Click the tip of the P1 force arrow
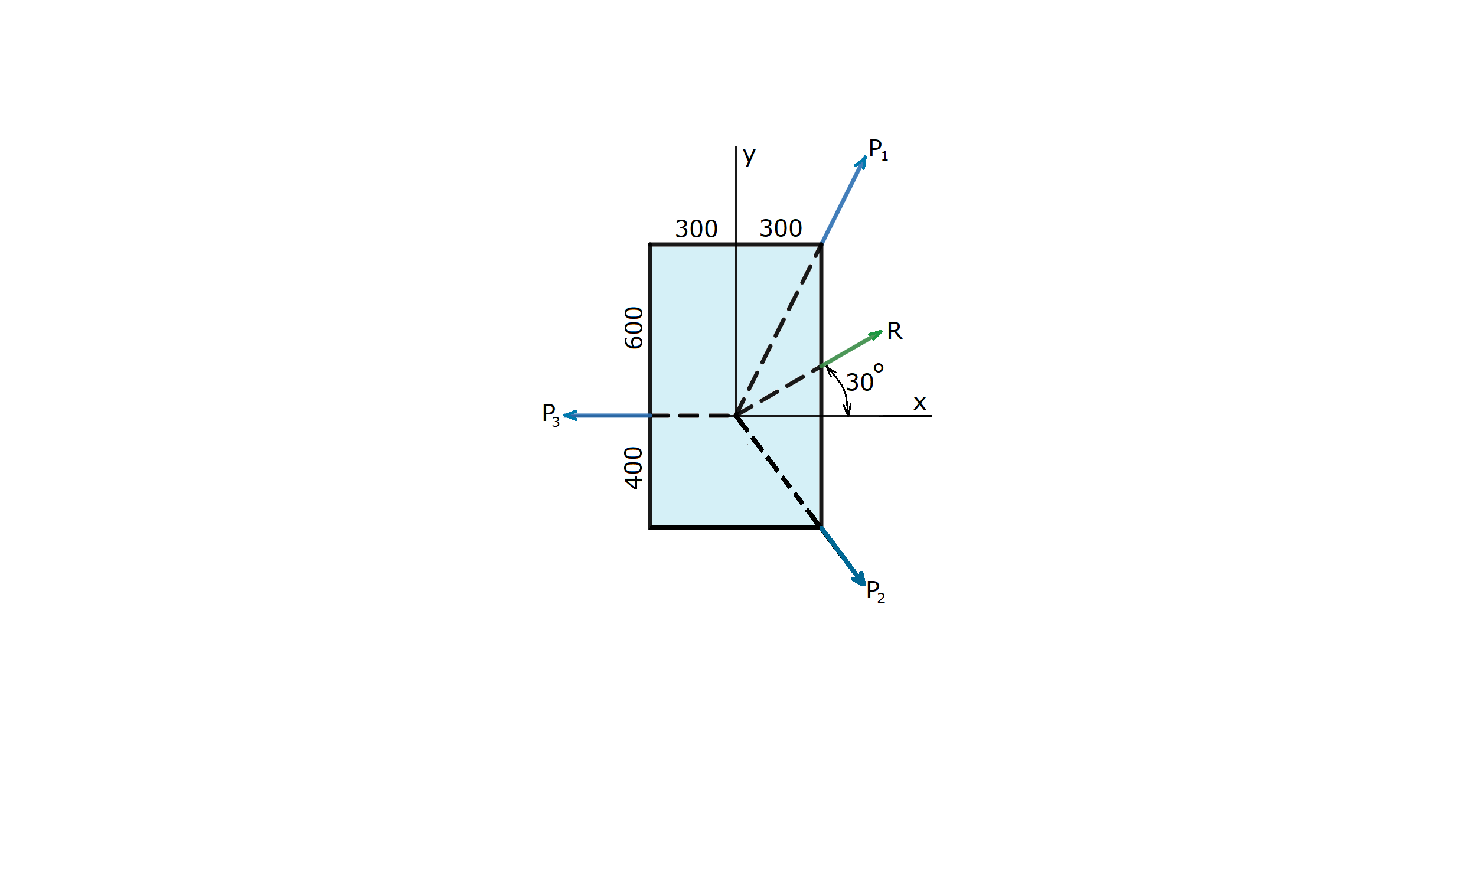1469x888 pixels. coord(865,156)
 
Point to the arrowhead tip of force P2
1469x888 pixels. coord(864,586)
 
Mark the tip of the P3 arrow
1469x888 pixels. coord(564,416)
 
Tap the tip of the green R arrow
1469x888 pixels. coord(883,332)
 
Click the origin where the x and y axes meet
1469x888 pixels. coord(736,416)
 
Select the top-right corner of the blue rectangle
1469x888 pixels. coord(821,244)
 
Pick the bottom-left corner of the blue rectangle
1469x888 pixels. coord(651,528)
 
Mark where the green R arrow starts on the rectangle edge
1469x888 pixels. coord(821,366)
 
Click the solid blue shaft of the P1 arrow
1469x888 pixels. coord(843,200)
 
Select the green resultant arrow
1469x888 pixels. coord(852,349)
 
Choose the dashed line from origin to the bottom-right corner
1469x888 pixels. coord(779,472)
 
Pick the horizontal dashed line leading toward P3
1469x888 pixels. coord(693,416)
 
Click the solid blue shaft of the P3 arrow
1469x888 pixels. coord(607,416)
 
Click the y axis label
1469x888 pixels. coord(749,156)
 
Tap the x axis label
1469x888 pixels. coord(920,403)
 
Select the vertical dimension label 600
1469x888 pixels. coord(634,328)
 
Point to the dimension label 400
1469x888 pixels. coord(634,468)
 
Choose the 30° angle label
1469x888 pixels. coord(864,377)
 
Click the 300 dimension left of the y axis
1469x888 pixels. coord(696,229)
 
